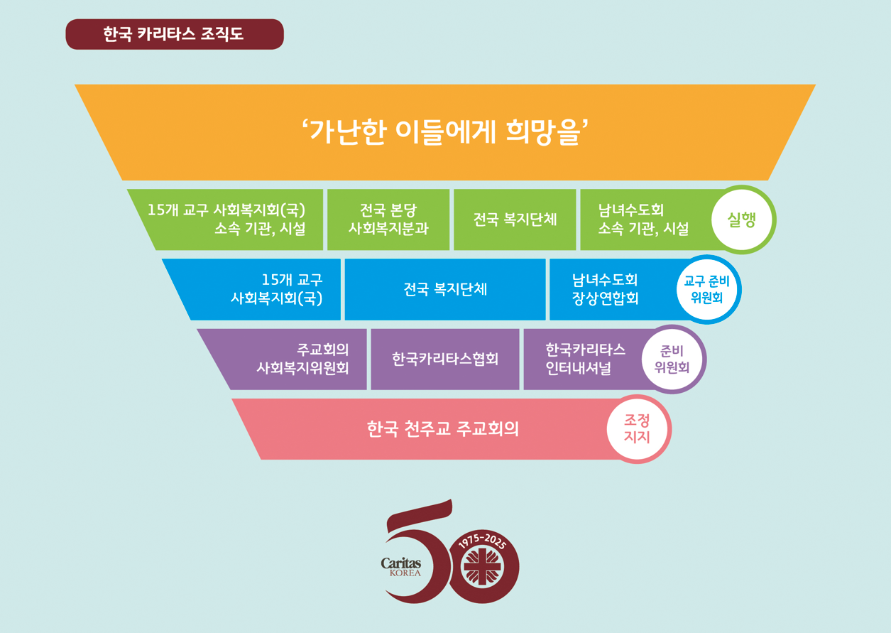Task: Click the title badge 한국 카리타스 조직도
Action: (x=175, y=34)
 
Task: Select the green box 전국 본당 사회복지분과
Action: (x=388, y=220)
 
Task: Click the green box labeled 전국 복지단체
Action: (x=515, y=220)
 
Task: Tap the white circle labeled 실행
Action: (x=742, y=220)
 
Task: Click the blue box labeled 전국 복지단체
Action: (x=445, y=289)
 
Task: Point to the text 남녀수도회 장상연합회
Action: (x=605, y=289)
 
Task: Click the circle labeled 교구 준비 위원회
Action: (x=707, y=289)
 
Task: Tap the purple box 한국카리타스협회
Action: (x=445, y=359)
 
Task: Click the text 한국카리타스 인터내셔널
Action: (x=585, y=359)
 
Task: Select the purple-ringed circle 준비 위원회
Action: (x=672, y=359)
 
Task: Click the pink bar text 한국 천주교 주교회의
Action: (x=443, y=429)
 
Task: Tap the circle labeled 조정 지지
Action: (x=637, y=429)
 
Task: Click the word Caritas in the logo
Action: (x=401, y=563)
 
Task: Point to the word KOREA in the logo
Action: (x=405, y=573)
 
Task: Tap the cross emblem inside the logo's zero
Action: (x=483, y=567)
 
